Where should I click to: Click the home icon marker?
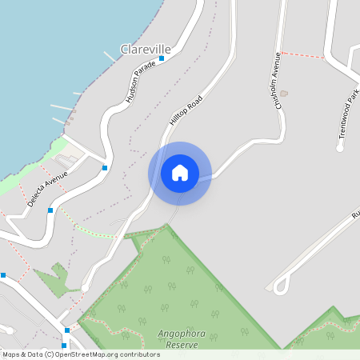[x=180, y=173]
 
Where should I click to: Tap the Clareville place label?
[x=146, y=50]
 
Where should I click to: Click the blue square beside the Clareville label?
[x=162, y=58]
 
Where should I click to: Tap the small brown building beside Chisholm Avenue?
[x=283, y=94]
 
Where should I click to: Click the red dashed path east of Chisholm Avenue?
[x=303, y=55]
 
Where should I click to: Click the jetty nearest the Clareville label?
[x=109, y=56]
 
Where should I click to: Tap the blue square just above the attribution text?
[x=67, y=330]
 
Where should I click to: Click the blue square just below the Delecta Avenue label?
[x=50, y=210]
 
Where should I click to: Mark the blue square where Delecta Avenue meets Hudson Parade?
[x=105, y=168]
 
